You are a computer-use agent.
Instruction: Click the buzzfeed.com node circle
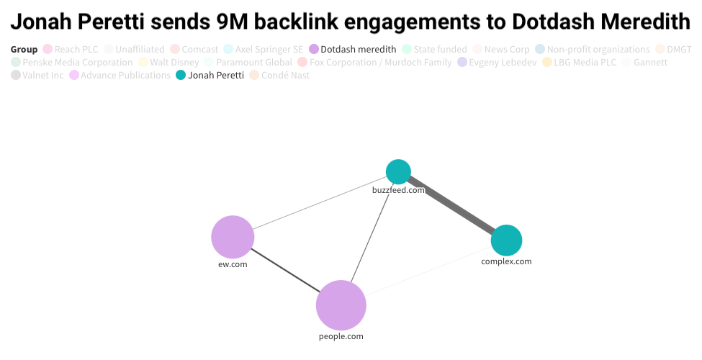coord(398,171)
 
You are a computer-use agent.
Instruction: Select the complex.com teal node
coord(506,240)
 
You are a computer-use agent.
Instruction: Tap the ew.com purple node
coord(233,237)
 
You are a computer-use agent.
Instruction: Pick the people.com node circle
coord(341,305)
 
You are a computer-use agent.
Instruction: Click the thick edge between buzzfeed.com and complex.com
coord(452,206)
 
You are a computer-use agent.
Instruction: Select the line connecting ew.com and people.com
coord(287,271)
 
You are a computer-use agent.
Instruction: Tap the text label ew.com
coord(233,264)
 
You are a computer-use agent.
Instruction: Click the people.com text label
coord(341,336)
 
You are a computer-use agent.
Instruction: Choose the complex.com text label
coord(506,261)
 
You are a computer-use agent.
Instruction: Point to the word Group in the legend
coord(24,49)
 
